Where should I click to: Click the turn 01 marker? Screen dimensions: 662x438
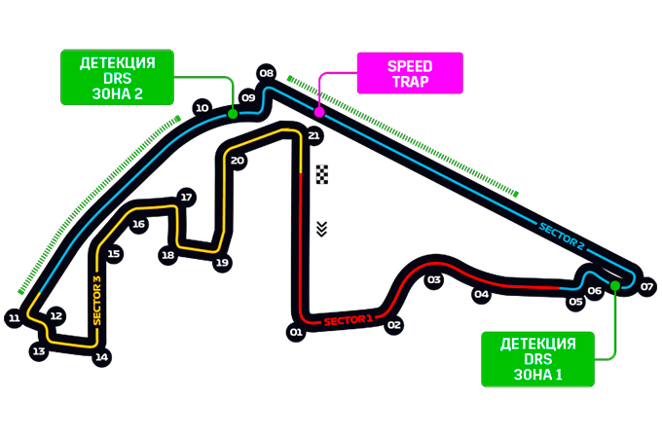pos(296,332)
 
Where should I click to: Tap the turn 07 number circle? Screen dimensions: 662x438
pos(646,287)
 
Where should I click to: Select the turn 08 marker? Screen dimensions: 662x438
pos(267,73)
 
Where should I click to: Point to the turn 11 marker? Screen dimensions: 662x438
pos(15,317)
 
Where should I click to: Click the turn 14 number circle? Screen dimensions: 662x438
pos(101,357)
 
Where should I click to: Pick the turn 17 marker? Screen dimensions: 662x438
pos(186,197)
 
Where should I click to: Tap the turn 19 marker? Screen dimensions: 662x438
pos(222,263)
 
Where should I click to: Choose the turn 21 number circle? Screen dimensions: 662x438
pos(313,135)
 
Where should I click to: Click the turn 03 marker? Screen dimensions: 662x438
pos(433,279)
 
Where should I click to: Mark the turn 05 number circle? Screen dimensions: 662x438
pos(575,302)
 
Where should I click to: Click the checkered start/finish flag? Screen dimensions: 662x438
pos(322,174)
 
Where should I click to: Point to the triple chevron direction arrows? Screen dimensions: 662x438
pos(321,229)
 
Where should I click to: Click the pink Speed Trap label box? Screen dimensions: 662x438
pos(410,73)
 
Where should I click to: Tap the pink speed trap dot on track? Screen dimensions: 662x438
pos(319,112)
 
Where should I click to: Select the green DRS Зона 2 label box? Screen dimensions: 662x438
pos(118,77)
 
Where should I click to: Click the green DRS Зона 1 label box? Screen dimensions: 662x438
pos(537,359)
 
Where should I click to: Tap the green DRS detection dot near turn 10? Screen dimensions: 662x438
pos(233,114)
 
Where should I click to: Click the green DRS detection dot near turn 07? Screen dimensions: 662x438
pos(615,285)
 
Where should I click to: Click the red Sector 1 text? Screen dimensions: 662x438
pos(349,320)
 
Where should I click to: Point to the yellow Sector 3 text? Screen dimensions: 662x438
pos(97,301)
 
